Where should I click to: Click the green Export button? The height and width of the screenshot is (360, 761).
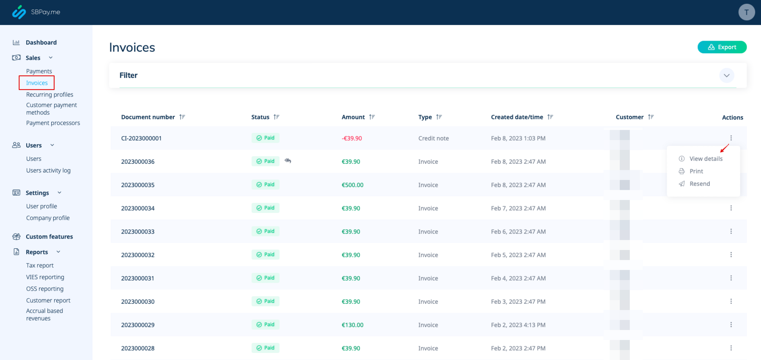click(x=722, y=47)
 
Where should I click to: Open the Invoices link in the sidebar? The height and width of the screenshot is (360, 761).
click(x=37, y=83)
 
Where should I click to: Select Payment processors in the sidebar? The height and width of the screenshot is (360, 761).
click(x=53, y=123)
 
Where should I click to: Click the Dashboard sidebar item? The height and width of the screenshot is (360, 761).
click(x=41, y=42)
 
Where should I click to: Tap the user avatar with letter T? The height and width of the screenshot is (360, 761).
click(x=746, y=12)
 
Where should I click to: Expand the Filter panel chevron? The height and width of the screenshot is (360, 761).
click(x=726, y=76)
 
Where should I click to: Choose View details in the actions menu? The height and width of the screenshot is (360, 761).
click(x=706, y=159)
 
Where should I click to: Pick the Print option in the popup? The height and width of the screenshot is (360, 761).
click(x=696, y=171)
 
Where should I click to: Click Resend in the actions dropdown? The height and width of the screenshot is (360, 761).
click(x=699, y=184)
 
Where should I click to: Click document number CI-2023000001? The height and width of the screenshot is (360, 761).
click(x=141, y=138)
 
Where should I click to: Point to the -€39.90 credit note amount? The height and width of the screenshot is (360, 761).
click(x=352, y=138)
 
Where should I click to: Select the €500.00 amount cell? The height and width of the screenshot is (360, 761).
click(x=352, y=185)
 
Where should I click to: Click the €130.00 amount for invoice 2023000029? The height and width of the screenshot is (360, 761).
click(x=352, y=325)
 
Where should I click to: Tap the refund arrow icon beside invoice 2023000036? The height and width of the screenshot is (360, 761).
click(x=288, y=161)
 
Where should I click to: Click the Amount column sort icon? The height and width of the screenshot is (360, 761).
click(x=372, y=117)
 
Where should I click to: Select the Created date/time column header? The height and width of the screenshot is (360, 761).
click(x=517, y=117)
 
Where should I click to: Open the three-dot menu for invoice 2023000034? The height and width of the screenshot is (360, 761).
click(x=731, y=208)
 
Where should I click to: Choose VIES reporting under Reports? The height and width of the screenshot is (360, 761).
click(x=45, y=277)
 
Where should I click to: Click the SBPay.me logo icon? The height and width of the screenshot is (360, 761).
click(x=19, y=12)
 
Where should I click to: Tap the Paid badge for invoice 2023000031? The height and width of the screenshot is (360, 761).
click(x=265, y=278)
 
